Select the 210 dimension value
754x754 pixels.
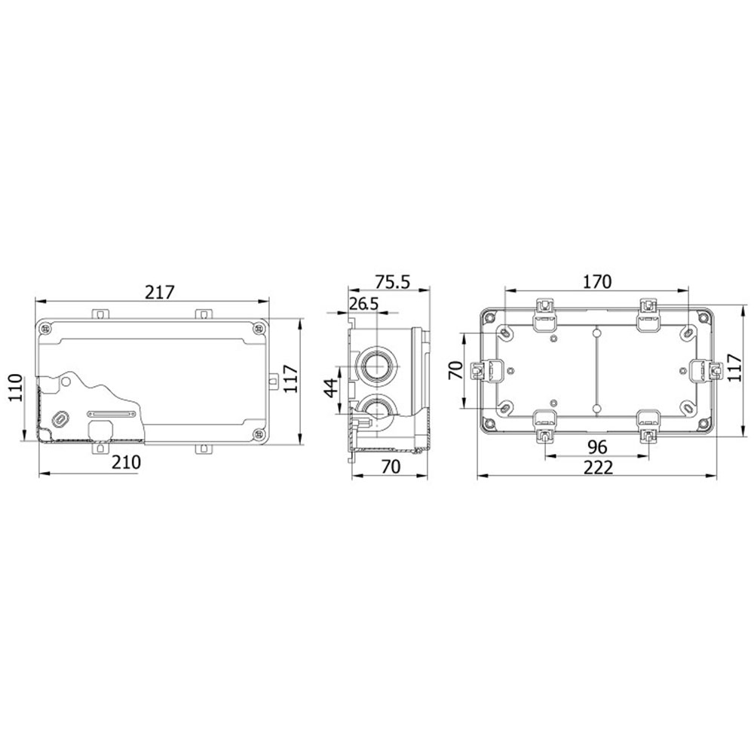[127, 463]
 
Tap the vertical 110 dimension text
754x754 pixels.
[15, 388]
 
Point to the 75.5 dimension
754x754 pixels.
[392, 282]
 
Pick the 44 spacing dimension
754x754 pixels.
[331, 388]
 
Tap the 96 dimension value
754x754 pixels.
[597, 447]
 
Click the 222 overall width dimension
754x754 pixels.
[598, 467]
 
